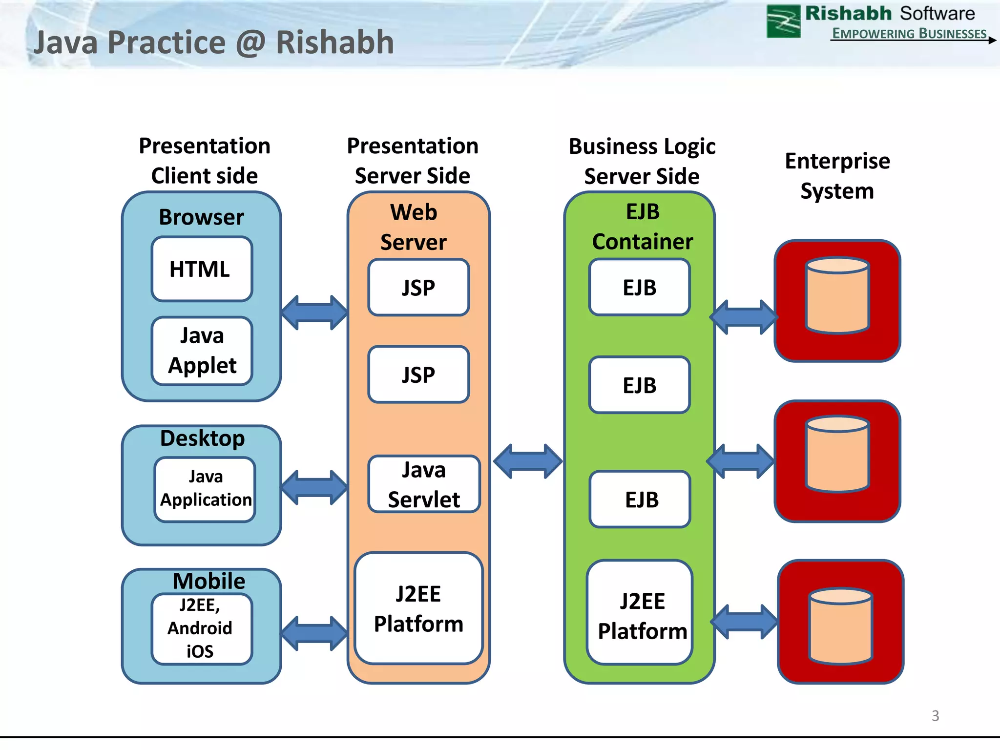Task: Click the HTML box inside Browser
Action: click(x=202, y=269)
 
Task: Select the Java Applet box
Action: click(x=202, y=351)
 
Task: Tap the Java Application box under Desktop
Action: click(x=205, y=489)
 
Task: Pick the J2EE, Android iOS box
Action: click(x=201, y=629)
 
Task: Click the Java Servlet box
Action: click(x=424, y=484)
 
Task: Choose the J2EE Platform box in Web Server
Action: click(x=418, y=608)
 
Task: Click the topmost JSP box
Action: click(x=418, y=287)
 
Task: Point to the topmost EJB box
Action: click(x=639, y=287)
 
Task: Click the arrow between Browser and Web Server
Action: click(x=314, y=312)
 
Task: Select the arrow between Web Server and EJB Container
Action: click(x=528, y=461)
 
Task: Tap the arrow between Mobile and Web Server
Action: click(x=314, y=633)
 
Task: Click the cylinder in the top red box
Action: click(x=837, y=296)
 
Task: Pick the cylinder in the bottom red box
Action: click(x=840, y=626)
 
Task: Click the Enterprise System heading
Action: click(x=837, y=176)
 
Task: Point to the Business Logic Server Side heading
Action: click(x=642, y=161)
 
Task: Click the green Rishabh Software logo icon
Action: click(x=783, y=21)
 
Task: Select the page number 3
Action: click(x=935, y=715)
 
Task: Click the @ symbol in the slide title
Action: click(x=250, y=43)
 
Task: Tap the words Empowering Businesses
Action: click(x=909, y=33)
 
